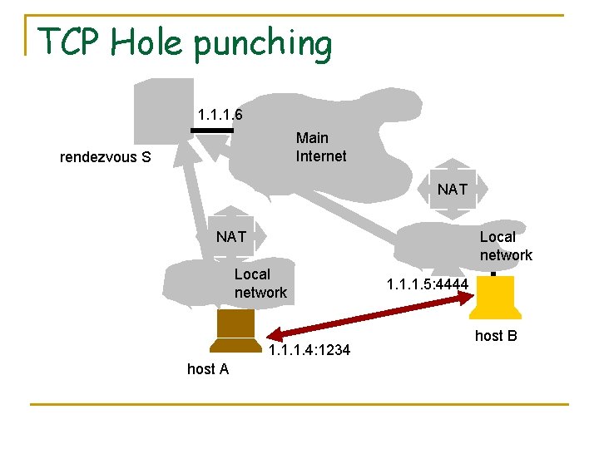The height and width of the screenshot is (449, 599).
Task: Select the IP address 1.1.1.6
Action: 220,114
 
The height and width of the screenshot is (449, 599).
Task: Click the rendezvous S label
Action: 106,156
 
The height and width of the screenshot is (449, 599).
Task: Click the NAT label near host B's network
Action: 453,190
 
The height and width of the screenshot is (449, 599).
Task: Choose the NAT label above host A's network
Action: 231,237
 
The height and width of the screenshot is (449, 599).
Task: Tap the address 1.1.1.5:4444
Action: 428,285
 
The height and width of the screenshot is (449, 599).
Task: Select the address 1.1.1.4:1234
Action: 309,350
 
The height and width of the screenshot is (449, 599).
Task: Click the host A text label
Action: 208,369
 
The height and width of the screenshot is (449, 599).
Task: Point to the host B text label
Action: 496,336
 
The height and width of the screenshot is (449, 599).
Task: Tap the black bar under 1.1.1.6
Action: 212,131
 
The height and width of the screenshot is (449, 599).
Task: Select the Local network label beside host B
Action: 505,246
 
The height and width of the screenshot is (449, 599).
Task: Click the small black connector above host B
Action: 493,274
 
